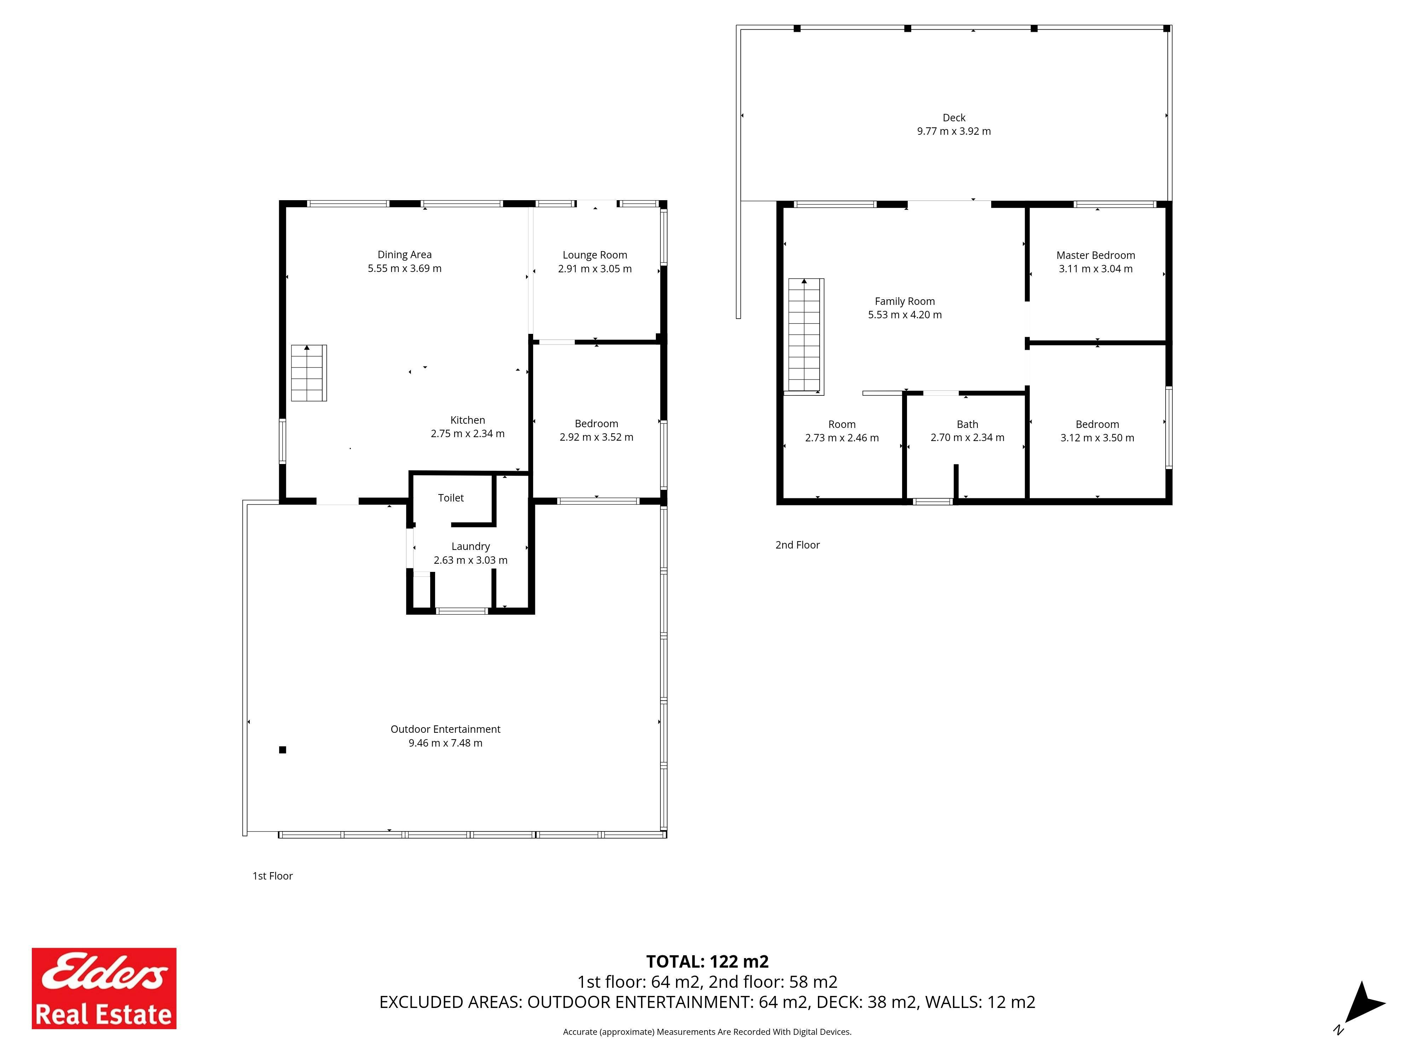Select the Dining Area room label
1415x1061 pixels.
pyautogui.click(x=404, y=255)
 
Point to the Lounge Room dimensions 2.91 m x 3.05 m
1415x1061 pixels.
pyautogui.click(x=595, y=268)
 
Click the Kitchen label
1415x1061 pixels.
pyautogui.click(x=468, y=420)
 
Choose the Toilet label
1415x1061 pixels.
pyautogui.click(x=451, y=498)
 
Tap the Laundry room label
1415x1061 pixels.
pyautogui.click(x=471, y=546)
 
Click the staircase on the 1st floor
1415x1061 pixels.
pyautogui.click(x=309, y=373)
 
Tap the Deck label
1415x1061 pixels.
pyautogui.click(x=954, y=118)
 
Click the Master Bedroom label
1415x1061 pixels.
pyautogui.click(x=1096, y=255)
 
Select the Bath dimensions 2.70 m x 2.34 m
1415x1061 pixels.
pyautogui.click(x=967, y=437)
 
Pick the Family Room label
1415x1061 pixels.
pyautogui.click(x=905, y=301)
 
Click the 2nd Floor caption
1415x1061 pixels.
pyautogui.click(x=798, y=545)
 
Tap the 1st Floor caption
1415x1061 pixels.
pyautogui.click(x=272, y=876)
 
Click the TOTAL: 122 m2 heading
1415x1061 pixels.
pyautogui.click(x=707, y=961)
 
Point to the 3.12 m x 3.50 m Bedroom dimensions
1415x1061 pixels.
pyautogui.click(x=1097, y=438)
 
